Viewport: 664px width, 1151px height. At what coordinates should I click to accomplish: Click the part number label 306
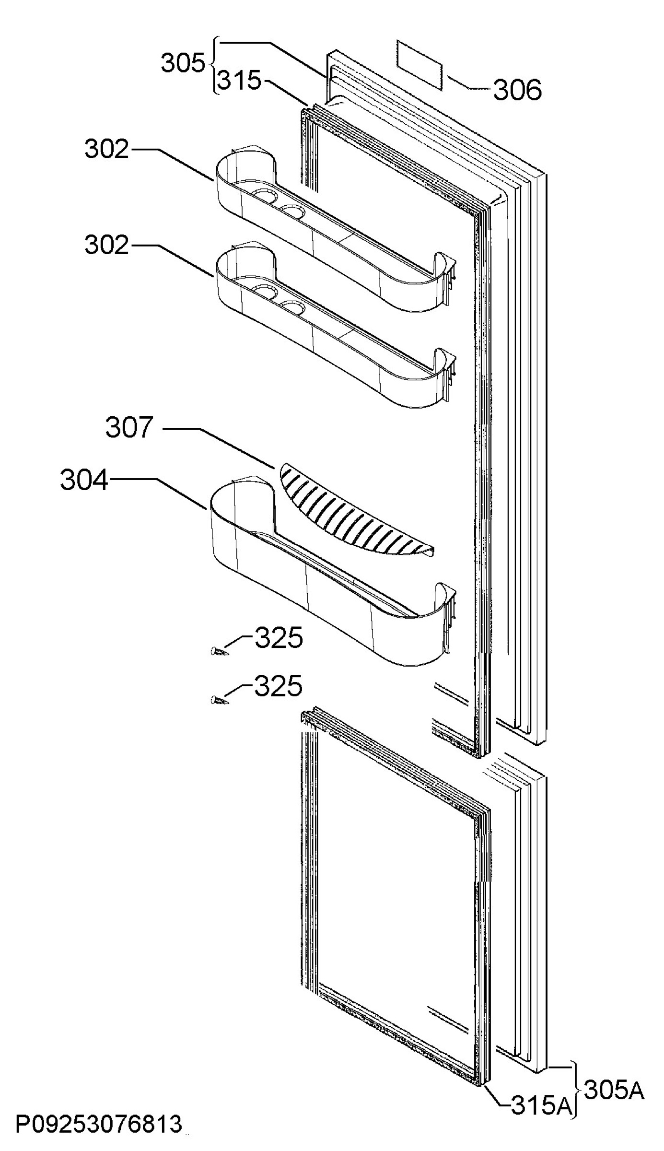(x=517, y=90)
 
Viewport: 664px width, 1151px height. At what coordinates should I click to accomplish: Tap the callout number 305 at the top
(x=183, y=63)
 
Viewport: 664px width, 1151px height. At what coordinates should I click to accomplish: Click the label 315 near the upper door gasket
(x=239, y=80)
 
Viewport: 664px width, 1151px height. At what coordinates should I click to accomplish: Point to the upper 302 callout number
(x=107, y=149)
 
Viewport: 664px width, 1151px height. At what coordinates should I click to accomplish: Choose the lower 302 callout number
(x=107, y=245)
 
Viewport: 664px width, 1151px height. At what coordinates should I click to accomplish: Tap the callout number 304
(x=84, y=480)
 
